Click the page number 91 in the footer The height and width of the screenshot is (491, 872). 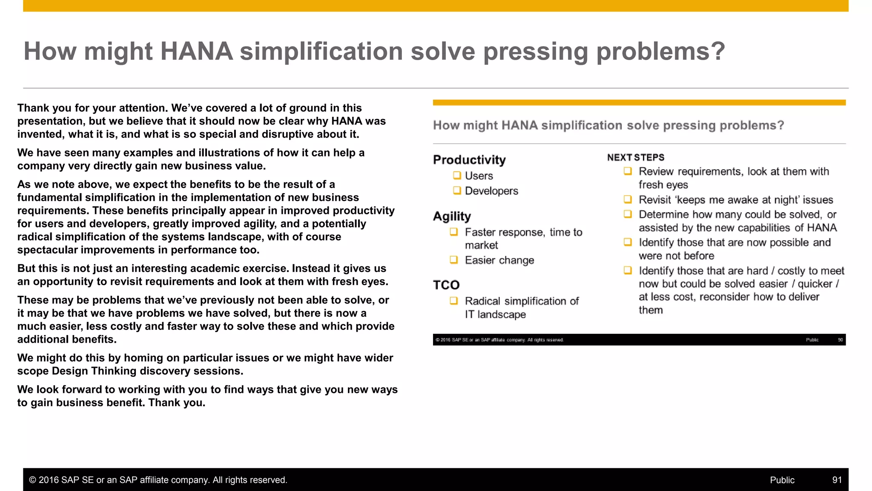coord(837,480)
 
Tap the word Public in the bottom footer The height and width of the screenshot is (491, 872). coord(782,480)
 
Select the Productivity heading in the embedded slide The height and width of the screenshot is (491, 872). coord(469,160)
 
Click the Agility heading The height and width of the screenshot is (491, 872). coord(452,216)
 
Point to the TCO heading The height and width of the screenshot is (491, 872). coord(446,285)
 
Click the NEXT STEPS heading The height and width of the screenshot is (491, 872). coord(636,158)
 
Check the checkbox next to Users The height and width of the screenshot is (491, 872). coord(457,175)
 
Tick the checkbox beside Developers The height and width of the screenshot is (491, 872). coord(457,190)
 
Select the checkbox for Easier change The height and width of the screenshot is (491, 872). coord(454,260)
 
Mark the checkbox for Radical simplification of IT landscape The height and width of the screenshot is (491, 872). coord(454,300)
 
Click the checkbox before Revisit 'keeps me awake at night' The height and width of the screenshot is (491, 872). coord(628,199)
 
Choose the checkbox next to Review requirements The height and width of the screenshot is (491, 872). coord(628,171)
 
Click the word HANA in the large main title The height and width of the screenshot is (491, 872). coord(196,51)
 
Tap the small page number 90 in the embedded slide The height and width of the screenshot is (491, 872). coord(840,340)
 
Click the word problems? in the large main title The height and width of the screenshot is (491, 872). coord(660,51)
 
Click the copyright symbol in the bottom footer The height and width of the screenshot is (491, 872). coord(32,480)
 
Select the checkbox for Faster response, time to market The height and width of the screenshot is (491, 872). coord(454,231)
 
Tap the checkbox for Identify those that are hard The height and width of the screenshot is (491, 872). coord(628,270)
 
